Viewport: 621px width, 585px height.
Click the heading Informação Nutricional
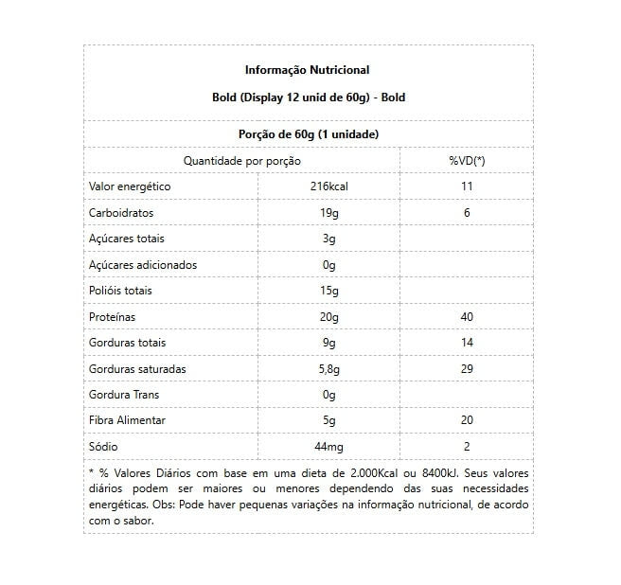[307, 70]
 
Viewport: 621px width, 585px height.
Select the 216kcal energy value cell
[328, 186]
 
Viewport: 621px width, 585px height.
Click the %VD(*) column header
[466, 161]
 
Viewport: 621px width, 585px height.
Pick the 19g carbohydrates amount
[328, 213]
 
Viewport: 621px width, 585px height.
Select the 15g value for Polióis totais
[328, 291]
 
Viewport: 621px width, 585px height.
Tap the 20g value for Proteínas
[328, 316]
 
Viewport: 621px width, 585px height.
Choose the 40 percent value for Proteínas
[466, 316]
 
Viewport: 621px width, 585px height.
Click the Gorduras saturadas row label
[136, 368]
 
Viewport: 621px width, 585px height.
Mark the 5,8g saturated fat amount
[328, 368]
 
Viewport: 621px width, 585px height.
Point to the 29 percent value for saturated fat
[466, 368]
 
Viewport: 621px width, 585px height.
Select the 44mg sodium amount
[328, 446]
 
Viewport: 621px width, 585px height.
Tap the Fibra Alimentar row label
[127, 420]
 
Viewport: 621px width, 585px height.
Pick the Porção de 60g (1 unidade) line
[307, 134]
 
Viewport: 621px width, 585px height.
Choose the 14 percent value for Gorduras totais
[466, 343]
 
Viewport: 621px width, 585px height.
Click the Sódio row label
[103, 446]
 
